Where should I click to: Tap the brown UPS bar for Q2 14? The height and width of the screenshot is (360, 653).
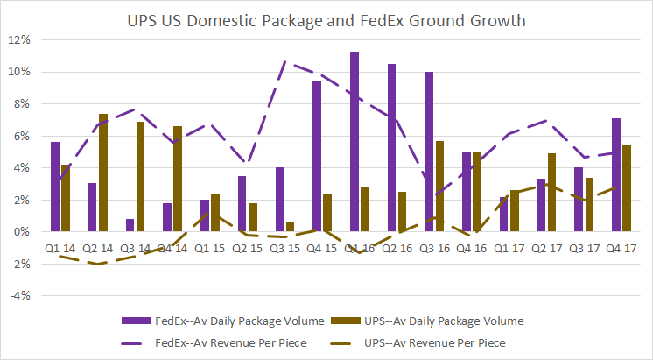(103, 173)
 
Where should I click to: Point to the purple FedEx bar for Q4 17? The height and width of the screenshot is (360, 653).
(616, 175)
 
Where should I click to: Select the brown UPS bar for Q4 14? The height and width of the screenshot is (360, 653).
(178, 179)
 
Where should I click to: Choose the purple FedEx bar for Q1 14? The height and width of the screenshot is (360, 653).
(55, 187)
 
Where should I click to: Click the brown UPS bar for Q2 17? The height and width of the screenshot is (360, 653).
(551, 193)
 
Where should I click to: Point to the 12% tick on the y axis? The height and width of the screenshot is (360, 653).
(20, 40)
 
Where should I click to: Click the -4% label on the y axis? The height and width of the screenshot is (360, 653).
(20, 296)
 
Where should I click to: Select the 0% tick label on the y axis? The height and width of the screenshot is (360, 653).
(23, 232)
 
